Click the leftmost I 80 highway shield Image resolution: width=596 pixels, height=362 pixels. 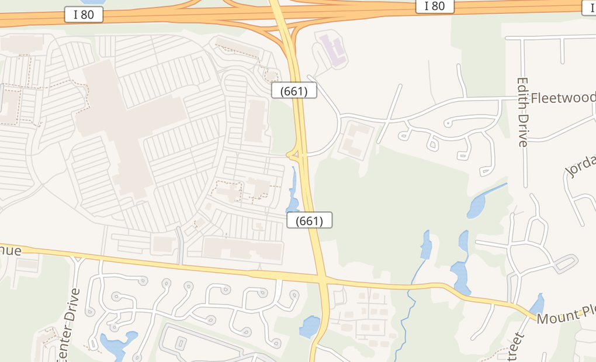[x=84, y=15]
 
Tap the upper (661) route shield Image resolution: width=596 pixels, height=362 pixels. [x=294, y=91]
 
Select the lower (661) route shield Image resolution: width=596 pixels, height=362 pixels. [x=310, y=220]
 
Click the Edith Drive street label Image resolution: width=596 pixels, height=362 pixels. [x=522, y=111]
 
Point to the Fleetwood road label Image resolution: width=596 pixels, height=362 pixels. [x=563, y=97]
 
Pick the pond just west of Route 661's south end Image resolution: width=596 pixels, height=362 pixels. [x=310, y=326]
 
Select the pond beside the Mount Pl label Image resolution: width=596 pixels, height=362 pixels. [x=536, y=306]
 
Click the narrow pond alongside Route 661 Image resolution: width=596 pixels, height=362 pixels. [x=293, y=190]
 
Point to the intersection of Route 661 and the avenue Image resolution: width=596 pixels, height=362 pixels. [x=322, y=278]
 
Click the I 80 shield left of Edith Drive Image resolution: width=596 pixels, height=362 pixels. [x=434, y=6]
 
